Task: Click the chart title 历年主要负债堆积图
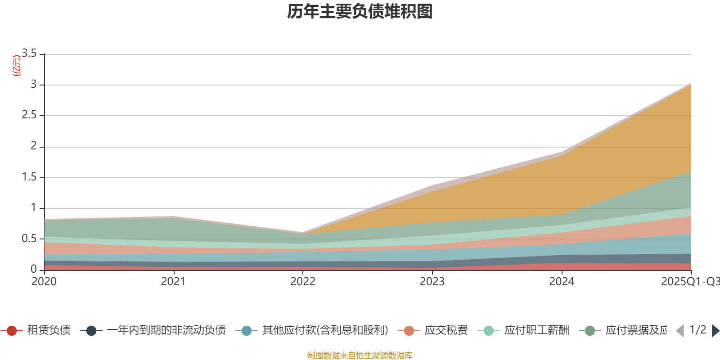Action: pos(360,12)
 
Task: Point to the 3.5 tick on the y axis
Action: pos(30,54)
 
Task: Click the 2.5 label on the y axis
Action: pos(30,115)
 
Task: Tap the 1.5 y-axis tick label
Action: pos(30,177)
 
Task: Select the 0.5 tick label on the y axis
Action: pos(30,238)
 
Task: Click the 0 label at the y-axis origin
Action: pos(34,269)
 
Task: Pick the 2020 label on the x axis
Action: pos(44,282)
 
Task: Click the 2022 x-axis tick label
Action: pos(302,282)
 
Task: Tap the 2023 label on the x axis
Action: pos(432,282)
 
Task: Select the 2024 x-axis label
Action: pos(562,282)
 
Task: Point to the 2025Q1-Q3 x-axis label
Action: pos(689,282)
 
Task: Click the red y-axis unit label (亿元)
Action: pos(17,66)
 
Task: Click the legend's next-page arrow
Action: pos(715,331)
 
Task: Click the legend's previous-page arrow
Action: pos(680,331)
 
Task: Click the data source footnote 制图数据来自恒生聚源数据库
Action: pos(360,355)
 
